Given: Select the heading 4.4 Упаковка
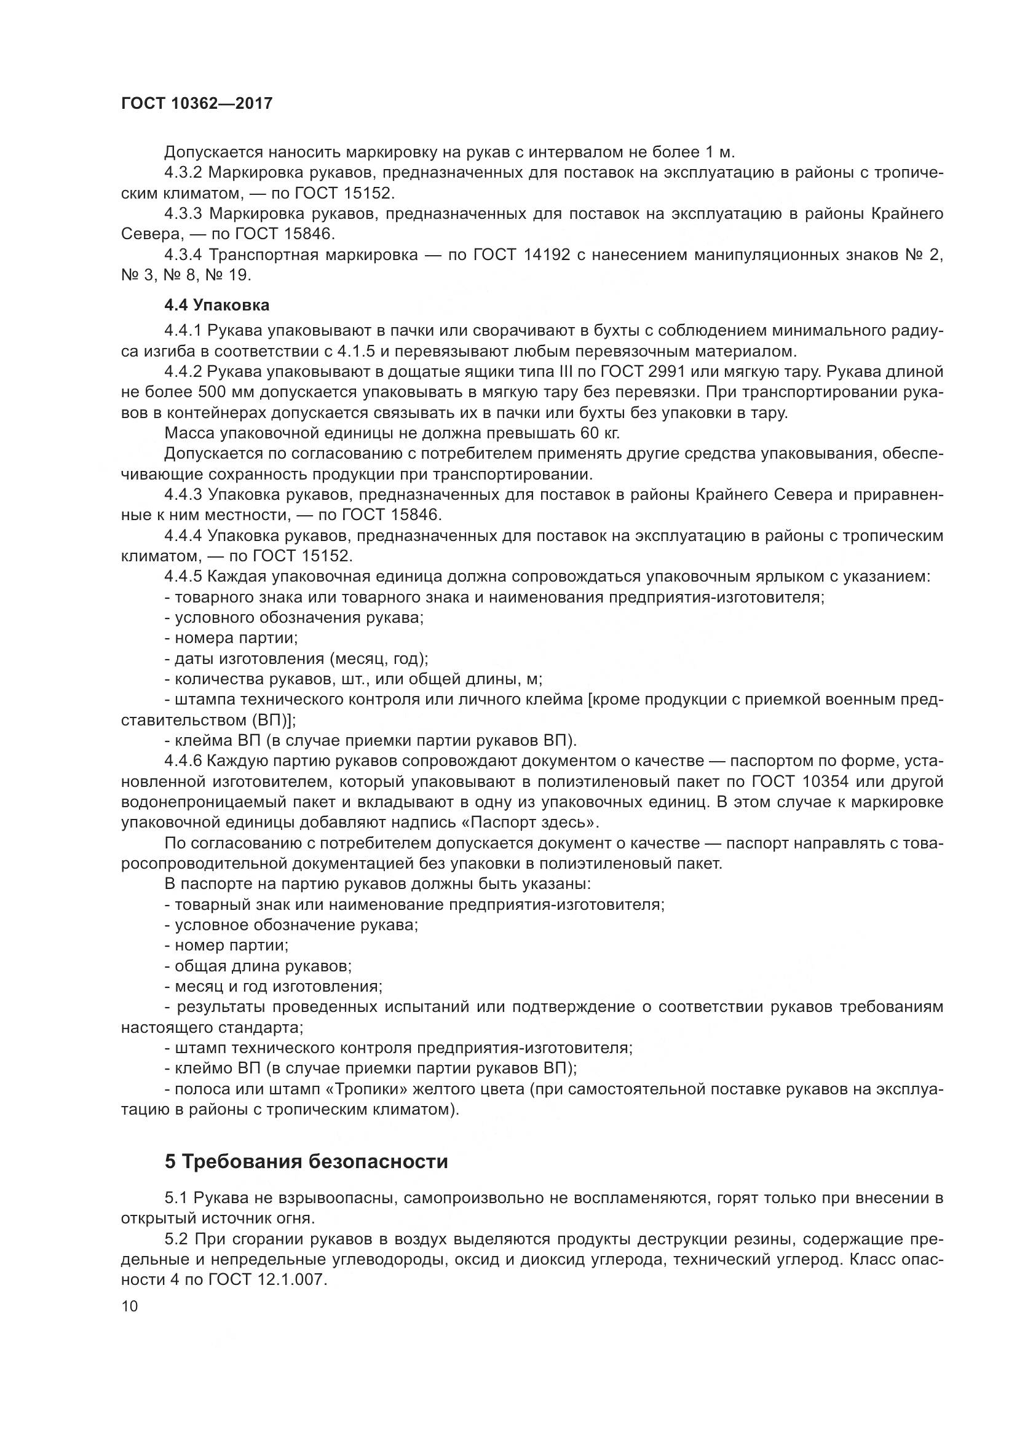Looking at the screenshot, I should tap(216, 305).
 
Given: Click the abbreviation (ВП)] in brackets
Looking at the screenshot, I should tap(274, 721).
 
